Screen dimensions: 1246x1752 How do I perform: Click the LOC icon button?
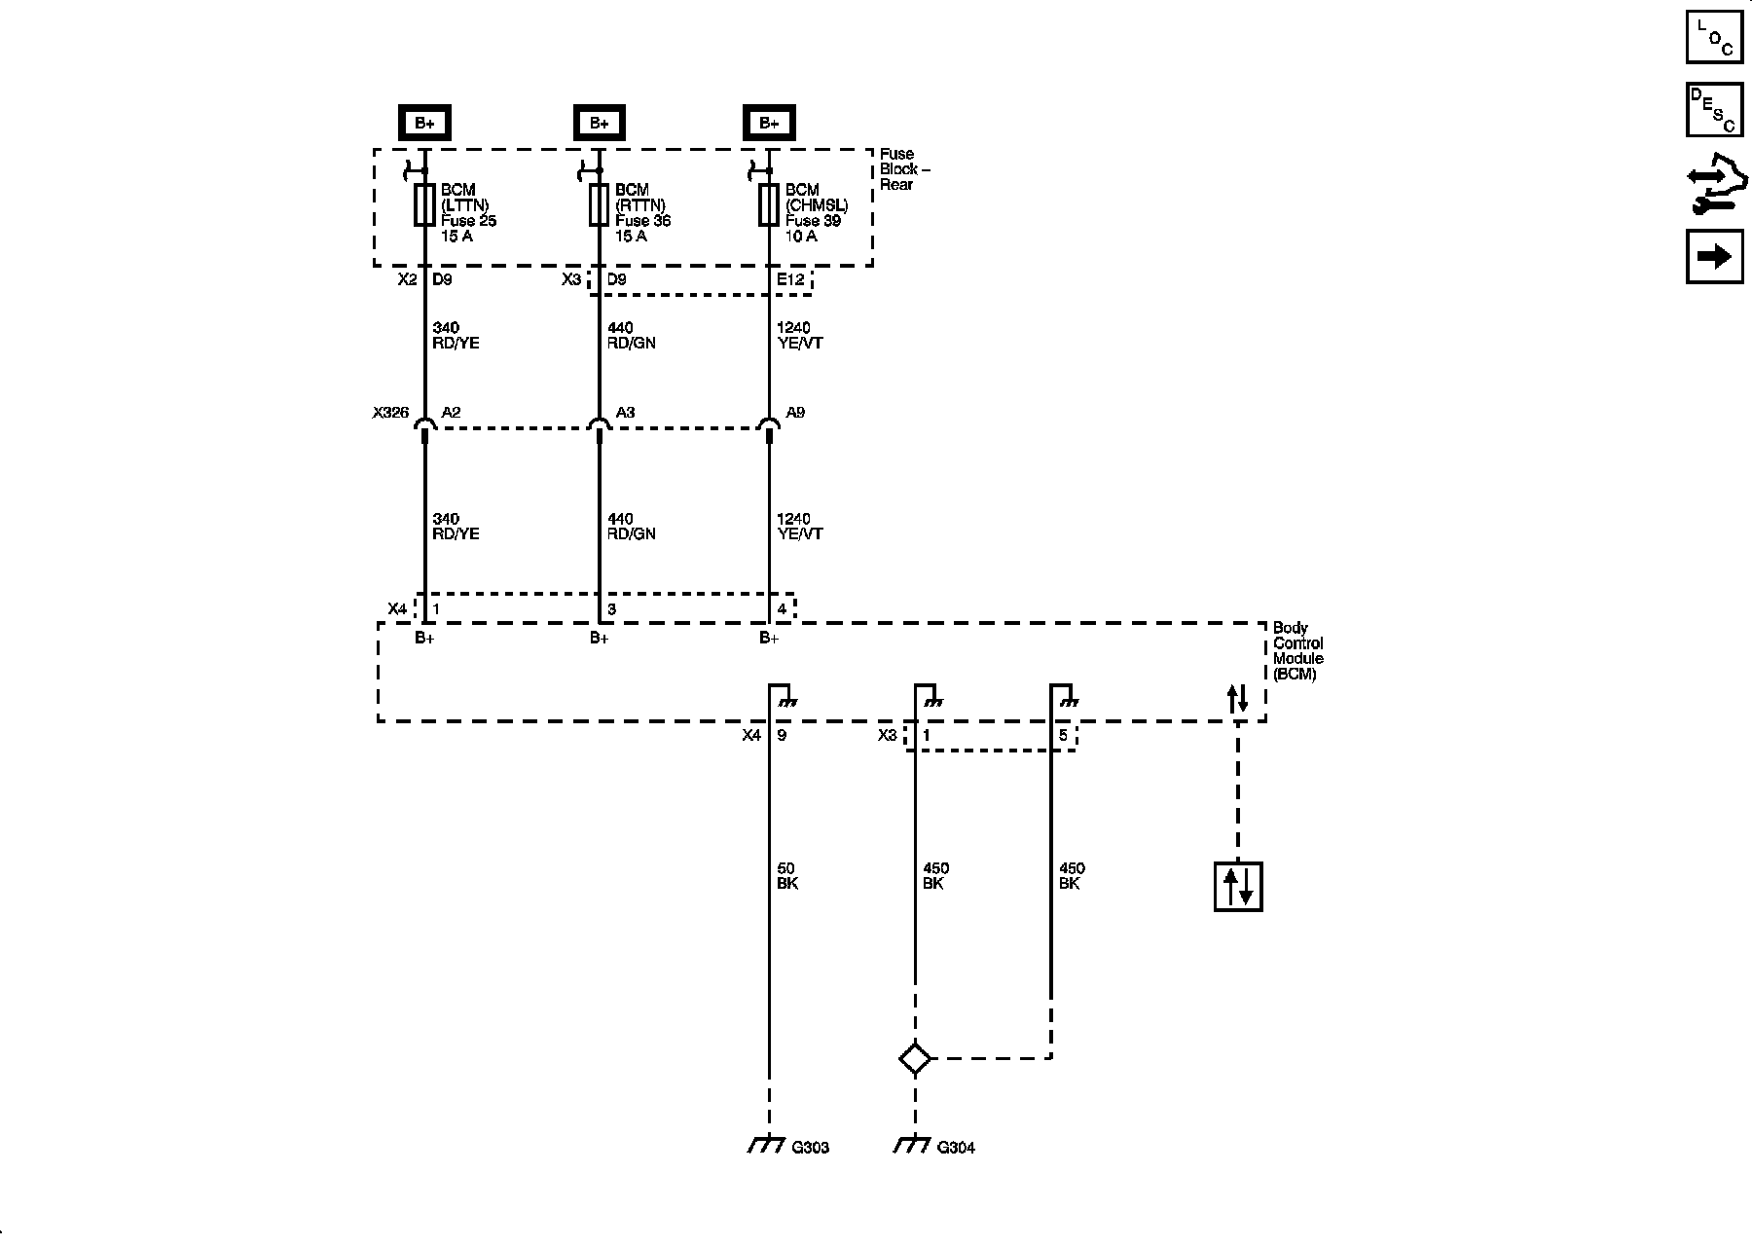tap(1714, 37)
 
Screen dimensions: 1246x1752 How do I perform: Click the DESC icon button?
tap(1714, 110)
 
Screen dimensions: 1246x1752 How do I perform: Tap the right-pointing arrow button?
tap(1714, 256)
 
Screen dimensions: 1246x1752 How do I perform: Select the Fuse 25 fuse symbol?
tap(424, 204)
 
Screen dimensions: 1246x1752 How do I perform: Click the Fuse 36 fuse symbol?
tap(599, 204)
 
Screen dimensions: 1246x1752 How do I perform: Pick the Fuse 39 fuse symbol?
tap(769, 204)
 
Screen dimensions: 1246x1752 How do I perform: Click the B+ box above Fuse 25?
tap(424, 123)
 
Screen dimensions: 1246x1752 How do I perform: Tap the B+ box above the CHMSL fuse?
tap(769, 123)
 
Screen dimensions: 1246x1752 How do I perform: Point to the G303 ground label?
tap(810, 1148)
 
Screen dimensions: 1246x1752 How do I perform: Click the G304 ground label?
tap(956, 1148)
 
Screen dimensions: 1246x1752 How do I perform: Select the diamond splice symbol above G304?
tap(915, 1058)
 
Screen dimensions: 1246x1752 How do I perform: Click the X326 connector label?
tap(390, 413)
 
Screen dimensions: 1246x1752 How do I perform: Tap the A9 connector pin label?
tap(795, 413)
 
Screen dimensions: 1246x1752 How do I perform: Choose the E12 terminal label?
tap(790, 279)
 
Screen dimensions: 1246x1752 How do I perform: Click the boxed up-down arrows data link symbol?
tap(1238, 886)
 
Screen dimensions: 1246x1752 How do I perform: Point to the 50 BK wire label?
tap(786, 876)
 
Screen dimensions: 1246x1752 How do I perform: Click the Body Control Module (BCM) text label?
tap(1298, 651)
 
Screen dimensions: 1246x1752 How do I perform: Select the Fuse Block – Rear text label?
tap(904, 169)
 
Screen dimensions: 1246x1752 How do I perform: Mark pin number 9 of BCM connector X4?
tap(782, 736)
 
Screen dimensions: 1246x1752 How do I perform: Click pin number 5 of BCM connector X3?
tap(1063, 736)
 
